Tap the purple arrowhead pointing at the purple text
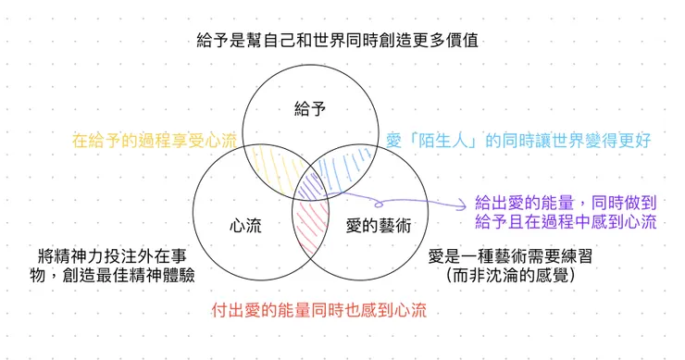[460, 205]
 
